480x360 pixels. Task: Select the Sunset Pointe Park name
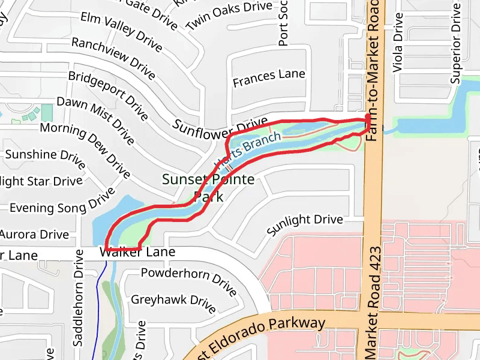[x=208, y=187]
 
